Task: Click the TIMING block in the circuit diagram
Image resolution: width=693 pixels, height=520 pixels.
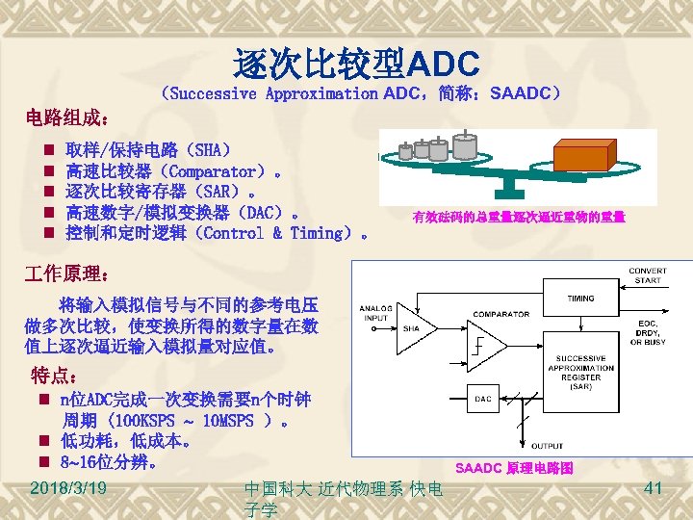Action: coord(580,299)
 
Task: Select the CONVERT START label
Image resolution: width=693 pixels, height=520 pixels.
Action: coord(647,276)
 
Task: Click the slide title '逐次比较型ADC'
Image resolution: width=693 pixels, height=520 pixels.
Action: coord(355,64)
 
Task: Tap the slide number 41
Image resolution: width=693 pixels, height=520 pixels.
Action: coord(654,489)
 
